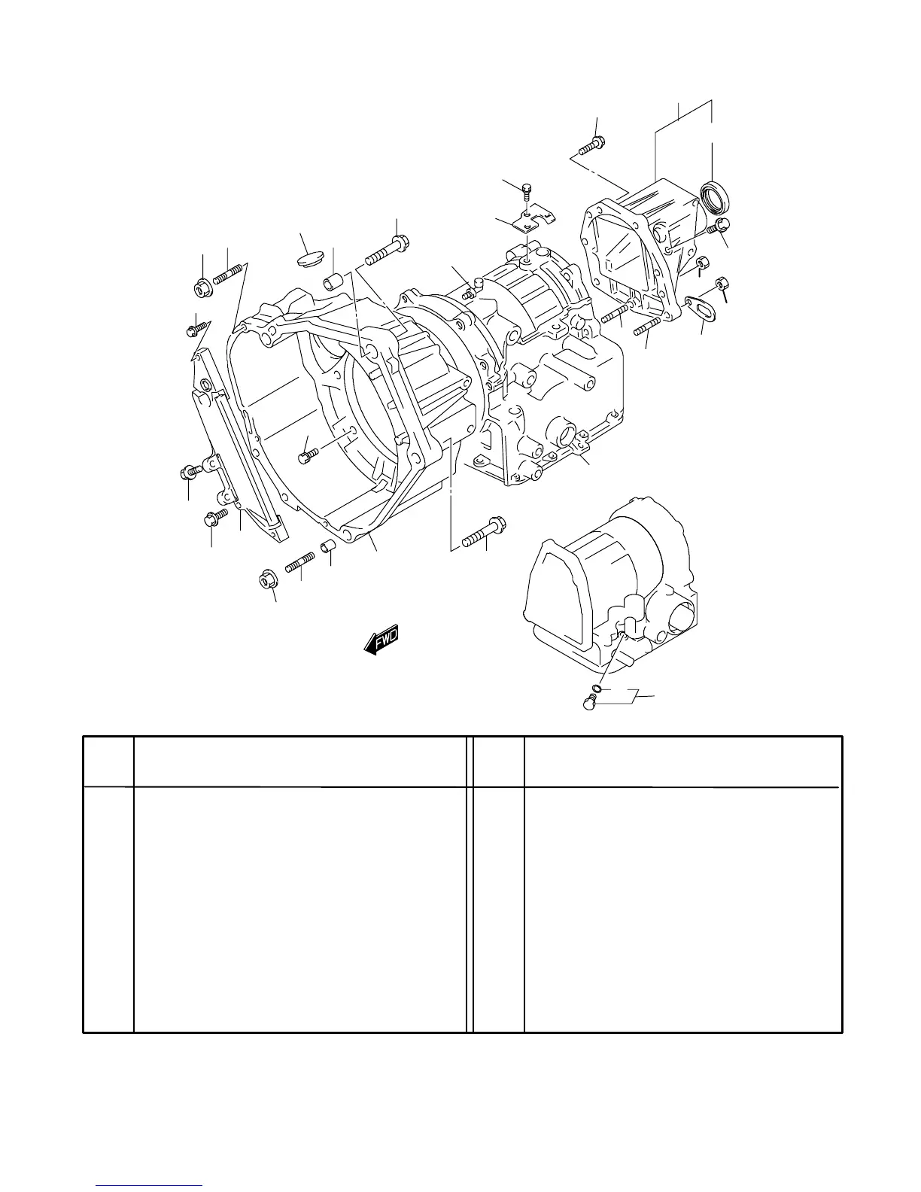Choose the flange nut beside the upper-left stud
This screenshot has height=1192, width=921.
click(x=203, y=287)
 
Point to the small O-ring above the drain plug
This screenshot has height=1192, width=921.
click(x=596, y=688)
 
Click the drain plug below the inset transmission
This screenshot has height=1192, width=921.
click(x=590, y=703)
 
